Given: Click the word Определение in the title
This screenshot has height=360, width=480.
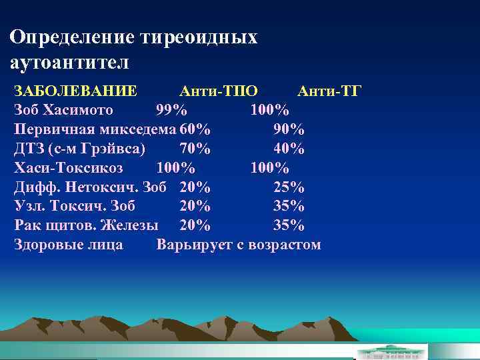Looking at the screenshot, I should tap(73, 37).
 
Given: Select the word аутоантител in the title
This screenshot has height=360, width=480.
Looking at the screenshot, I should tap(69, 63).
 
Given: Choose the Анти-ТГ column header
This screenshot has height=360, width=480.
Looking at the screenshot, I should tap(329, 91).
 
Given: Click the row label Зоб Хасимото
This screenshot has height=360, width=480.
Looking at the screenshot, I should tap(63, 109).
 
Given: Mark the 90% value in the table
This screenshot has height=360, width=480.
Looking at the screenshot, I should tap(289, 128).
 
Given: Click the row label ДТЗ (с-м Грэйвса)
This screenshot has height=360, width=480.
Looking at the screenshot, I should tap(79, 147).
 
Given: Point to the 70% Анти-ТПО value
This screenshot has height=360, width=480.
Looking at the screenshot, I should tap(195, 147).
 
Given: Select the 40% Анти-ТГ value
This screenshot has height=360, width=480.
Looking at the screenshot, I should tap(289, 147).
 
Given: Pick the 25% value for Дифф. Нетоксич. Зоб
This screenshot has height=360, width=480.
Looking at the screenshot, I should tap(289, 186).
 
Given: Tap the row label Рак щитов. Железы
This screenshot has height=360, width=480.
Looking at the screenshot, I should tap(86, 225).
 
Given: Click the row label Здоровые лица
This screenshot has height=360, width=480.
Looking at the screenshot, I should tap(69, 245).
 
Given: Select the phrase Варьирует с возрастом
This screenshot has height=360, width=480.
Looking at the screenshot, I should tap(239, 245).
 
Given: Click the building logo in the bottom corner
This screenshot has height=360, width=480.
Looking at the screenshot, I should tap(389, 351).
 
